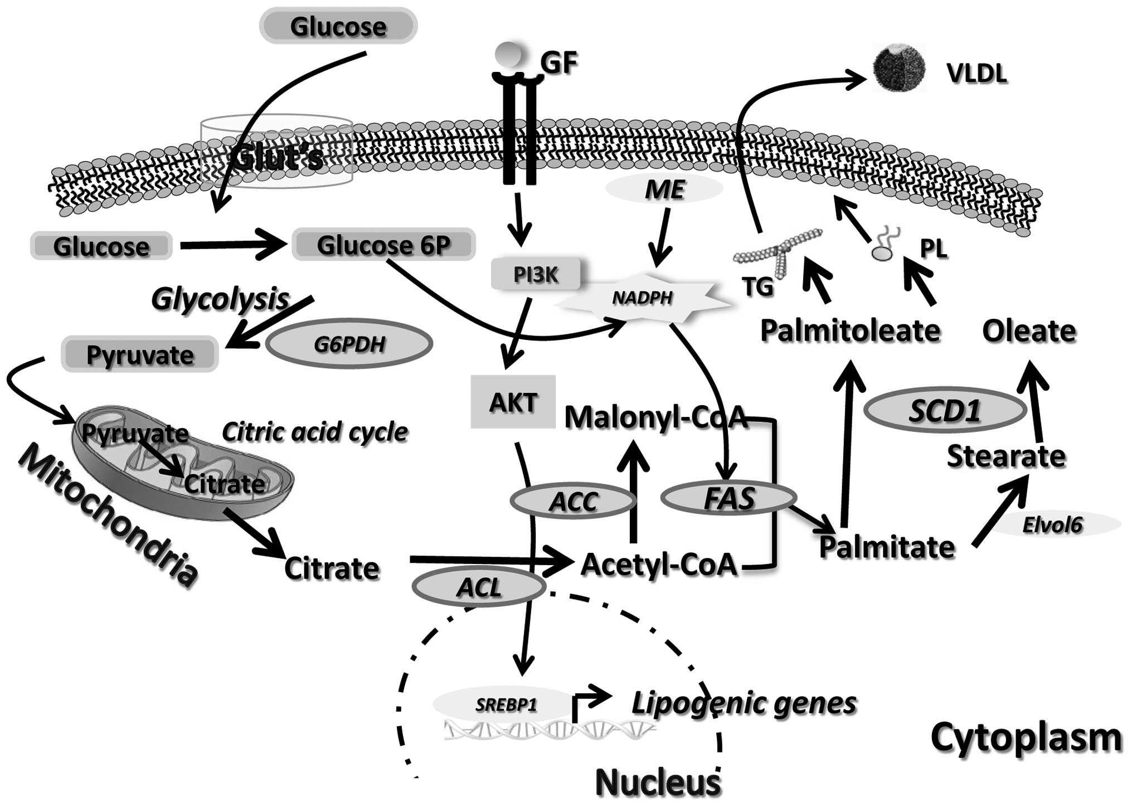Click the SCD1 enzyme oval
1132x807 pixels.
(x=945, y=411)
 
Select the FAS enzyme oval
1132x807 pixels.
(x=728, y=498)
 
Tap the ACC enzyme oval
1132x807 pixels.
(x=573, y=502)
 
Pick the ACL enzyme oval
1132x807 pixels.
(x=479, y=587)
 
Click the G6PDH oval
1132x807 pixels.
(x=349, y=344)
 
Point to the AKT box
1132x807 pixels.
(x=513, y=402)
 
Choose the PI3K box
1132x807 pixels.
(x=535, y=274)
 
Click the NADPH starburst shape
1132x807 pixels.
(x=643, y=298)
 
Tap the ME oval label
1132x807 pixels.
(x=664, y=190)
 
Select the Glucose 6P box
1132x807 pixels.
(x=383, y=245)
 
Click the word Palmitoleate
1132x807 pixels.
(x=850, y=330)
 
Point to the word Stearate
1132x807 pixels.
(x=1006, y=456)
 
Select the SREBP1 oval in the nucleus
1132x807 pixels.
(x=506, y=705)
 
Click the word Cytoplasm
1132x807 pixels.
(x=1026, y=737)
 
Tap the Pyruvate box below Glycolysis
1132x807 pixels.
(x=139, y=354)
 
